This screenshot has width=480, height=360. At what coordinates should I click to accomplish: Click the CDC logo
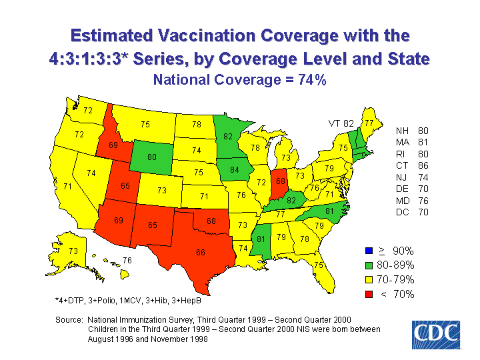[x=435, y=333]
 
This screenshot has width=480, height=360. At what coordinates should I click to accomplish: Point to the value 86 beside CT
[x=424, y=166]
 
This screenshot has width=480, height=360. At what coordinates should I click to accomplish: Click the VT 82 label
[x=341, y=123]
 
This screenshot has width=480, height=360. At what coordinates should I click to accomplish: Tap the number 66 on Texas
[x=200, y=253]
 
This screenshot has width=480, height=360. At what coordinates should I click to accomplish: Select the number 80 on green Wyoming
[x=152, y=158]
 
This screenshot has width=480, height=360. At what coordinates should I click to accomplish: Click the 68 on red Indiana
[x=281, y=181]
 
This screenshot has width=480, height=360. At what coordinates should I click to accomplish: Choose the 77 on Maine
[x=369, y=123]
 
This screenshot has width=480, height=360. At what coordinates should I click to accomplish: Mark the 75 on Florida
[x=319, y=265]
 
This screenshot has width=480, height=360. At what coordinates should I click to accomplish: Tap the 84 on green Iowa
[x=235, y=170]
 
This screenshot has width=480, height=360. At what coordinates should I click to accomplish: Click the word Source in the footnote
[x=69, y=320]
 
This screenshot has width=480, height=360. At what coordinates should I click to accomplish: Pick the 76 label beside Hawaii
[x=127, y=260]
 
